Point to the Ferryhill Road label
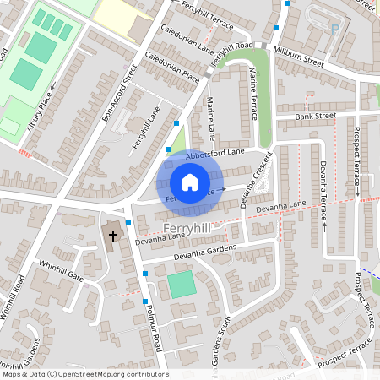(x=232, y=52)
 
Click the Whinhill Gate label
(x=60, y=270)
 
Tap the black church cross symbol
(x=112, y=236)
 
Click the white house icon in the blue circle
(x=190, y=182)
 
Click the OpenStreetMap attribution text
(x=85, y=374)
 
